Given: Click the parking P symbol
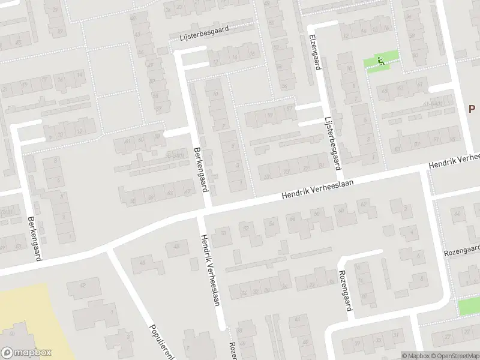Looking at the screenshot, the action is (472, 108).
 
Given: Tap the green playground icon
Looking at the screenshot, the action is (380, 60).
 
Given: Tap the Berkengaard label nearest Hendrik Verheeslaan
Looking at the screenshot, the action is (200, 170).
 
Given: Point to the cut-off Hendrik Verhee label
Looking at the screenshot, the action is (454, 160).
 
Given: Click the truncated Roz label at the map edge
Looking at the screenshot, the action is (233, 350).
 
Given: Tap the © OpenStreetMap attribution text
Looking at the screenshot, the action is (455, 356).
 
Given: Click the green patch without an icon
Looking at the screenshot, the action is (469, 307).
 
